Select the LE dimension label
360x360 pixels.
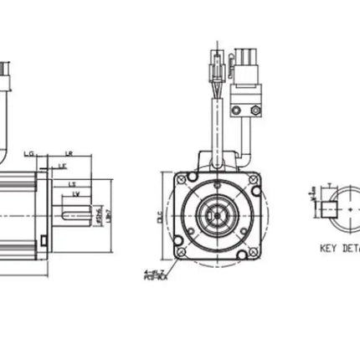63,167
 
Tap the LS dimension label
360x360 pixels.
72,183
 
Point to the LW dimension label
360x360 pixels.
76,194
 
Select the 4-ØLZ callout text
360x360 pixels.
153,272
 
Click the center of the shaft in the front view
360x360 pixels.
215,215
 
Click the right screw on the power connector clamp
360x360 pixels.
258,111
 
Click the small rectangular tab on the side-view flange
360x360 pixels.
42,243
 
